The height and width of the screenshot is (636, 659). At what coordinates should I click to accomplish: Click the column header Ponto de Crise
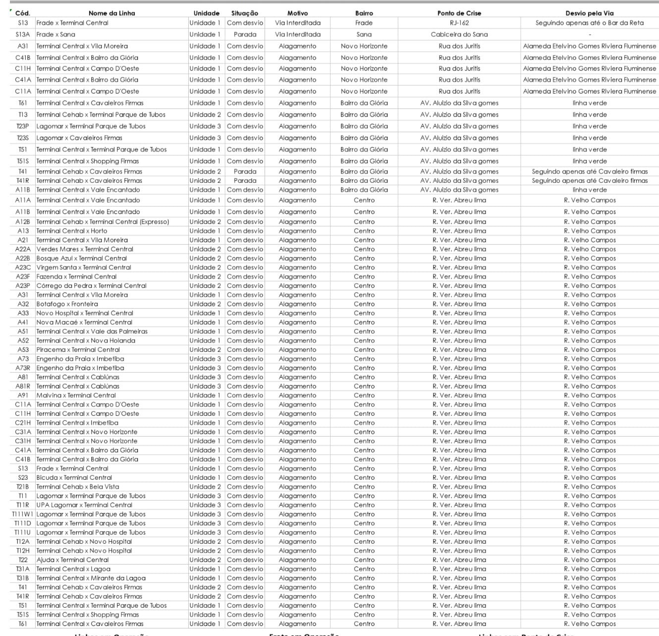[x=459, y=13]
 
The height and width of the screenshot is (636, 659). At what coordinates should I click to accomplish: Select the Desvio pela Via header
[x=589, y=13]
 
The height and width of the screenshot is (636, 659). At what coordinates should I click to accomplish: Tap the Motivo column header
[x=297, y=13]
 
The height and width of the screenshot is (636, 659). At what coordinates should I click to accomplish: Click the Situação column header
[x=245, y=13]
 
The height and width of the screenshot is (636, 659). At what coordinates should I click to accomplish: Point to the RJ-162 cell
[x=459, y=23]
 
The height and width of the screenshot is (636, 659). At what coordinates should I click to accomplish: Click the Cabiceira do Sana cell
[x=459, y=35]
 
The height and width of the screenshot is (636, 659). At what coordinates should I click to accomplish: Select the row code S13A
[x=23, y=35]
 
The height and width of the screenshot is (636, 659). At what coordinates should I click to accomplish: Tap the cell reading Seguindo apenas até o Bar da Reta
[x=589, y=23]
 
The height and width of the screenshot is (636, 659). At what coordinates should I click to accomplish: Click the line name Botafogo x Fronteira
[x=67, y=304]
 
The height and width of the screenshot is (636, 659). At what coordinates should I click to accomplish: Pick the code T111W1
[x=23, y=514]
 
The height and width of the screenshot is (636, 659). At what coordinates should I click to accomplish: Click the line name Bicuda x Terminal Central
[x=74, y=477]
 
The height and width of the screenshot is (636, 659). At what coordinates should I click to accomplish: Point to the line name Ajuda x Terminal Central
[x=72, y=560]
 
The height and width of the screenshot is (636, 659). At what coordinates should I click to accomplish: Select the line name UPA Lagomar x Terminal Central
[x=84, y=505]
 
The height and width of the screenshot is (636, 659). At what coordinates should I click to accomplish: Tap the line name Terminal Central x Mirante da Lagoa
[x=91, y=578]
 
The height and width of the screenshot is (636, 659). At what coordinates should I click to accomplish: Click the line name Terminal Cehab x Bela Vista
[x=77, y=487]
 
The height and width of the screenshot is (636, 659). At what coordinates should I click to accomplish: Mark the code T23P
[x=23, y=126]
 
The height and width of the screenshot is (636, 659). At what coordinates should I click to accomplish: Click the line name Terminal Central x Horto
[x=71, y=231]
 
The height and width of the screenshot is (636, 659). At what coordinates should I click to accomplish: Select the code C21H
[x=23, y=423]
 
